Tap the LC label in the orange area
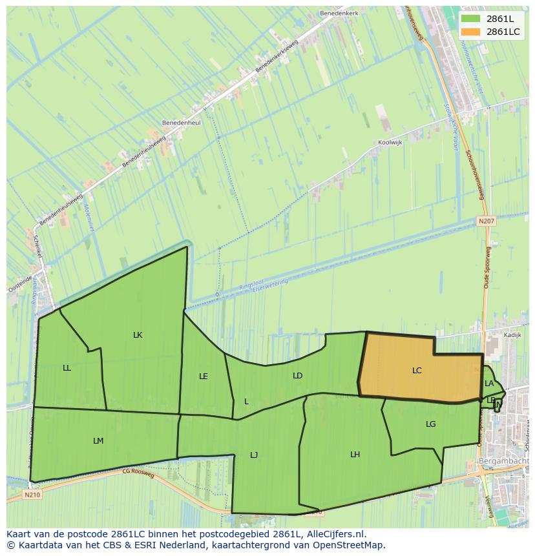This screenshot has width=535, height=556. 417,371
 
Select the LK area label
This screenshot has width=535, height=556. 138,335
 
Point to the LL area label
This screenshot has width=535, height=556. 67,368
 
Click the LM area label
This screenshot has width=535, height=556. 98,441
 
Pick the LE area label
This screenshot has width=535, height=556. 204,376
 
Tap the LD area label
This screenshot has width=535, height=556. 297,376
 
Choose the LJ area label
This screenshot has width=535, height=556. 254,455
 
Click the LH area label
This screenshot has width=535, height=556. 355,455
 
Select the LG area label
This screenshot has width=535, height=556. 431,424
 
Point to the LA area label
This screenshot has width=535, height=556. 489,384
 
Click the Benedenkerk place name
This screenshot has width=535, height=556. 339,13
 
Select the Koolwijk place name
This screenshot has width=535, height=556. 390,143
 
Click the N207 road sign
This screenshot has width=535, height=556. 486,221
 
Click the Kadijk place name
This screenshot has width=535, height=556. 512,336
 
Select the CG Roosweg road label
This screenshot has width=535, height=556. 138,473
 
